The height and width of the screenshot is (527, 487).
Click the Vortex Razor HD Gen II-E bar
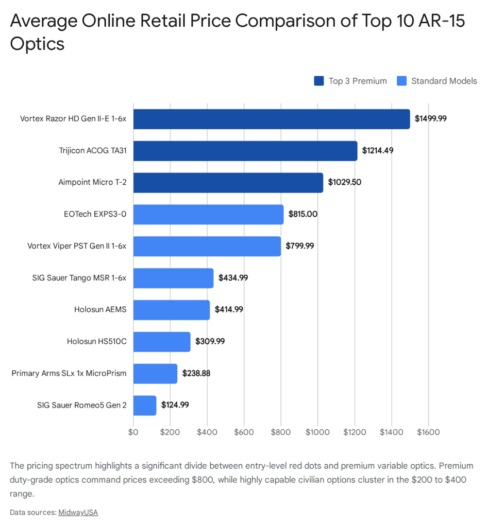(272, 119)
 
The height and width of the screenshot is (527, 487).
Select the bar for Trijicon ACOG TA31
(245, 151)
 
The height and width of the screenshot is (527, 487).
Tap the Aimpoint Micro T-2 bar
(228, 183)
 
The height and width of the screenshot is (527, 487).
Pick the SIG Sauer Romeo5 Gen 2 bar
(145, 406)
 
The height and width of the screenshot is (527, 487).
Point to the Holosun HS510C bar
(162, 342)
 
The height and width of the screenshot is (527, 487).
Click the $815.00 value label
(303, 214)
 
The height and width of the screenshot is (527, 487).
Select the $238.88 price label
(196, 374)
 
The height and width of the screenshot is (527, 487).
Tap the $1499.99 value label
(431, 119)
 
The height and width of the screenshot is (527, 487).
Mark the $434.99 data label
(233, 278)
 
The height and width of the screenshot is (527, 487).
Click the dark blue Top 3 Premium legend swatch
(318, 81)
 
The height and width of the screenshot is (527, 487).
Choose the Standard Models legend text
(444, 81)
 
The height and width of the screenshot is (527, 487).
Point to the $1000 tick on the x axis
(317, 432)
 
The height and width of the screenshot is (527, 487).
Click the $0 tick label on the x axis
(133, 432)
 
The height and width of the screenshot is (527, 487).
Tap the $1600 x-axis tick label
(428, 432)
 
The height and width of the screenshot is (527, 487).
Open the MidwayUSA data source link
(78, 513)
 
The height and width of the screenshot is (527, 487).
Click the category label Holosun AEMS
(100, 309)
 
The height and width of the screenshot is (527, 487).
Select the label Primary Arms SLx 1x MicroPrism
(69, 374)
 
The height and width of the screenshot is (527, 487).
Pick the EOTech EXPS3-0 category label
(95, 214)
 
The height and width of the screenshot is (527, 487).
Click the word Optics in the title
(37, 44)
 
